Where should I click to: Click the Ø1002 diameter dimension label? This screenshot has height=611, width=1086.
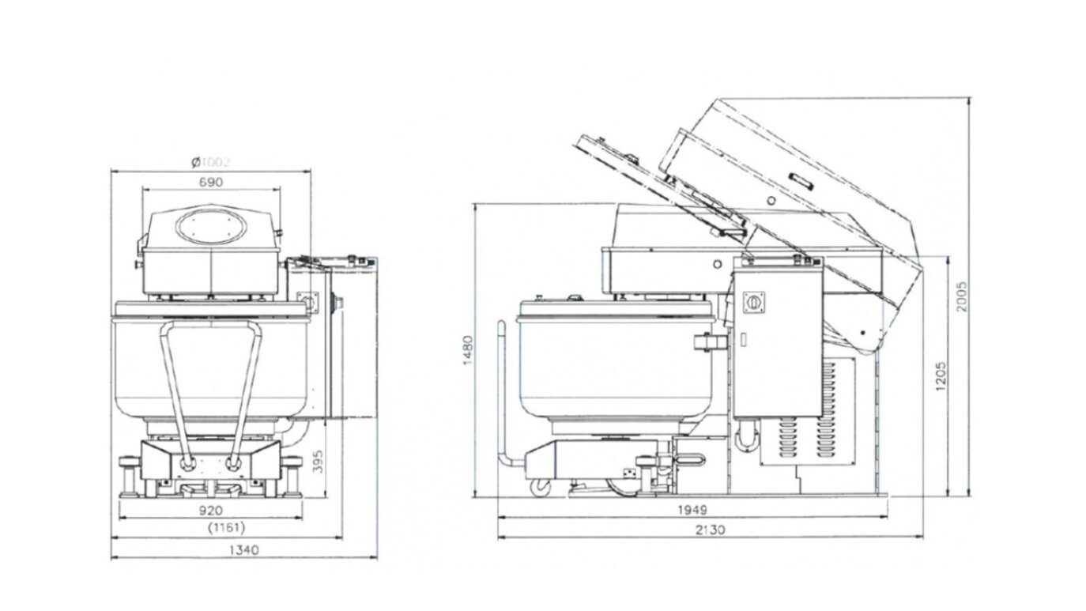click(210, 163)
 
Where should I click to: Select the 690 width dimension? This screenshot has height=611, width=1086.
click(210, 182)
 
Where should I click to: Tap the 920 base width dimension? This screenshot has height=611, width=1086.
click(209, 511)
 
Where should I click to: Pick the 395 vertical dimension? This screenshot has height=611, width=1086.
click(319, 461)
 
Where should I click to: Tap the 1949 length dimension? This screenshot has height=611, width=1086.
click(692, 510)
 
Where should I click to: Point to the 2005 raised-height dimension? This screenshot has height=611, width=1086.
click(962, 296)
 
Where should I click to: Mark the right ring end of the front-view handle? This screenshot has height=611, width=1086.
click(232, 464)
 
